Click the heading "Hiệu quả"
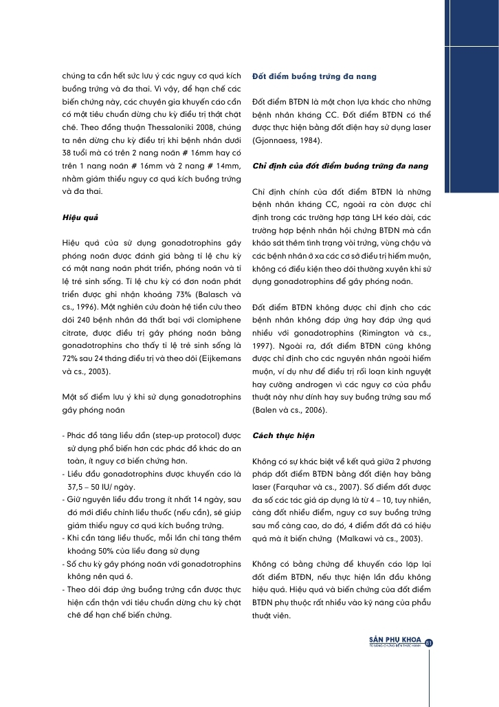tap(80, 218)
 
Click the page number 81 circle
tap(429, 643)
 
